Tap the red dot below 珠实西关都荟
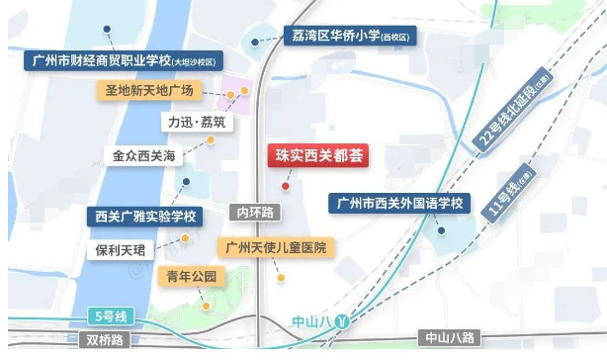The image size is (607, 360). pyautogui.click(x=286, y=185)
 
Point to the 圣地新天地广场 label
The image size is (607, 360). pyautogui.click(x=153, y=92)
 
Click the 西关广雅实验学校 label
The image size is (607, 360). pyautogui.click(x=145, y=215)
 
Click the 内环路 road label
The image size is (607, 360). pyautogui.click(x=255, y=213)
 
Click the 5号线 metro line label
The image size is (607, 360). pyautogui.click(x=108, y=316)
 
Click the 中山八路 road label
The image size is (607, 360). pyautogui.click(x=450, y=338)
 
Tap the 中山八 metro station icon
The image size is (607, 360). pyautogui.click(x=342, y=321)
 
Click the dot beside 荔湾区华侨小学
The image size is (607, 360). pyautogui.click(x=256, y=41)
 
